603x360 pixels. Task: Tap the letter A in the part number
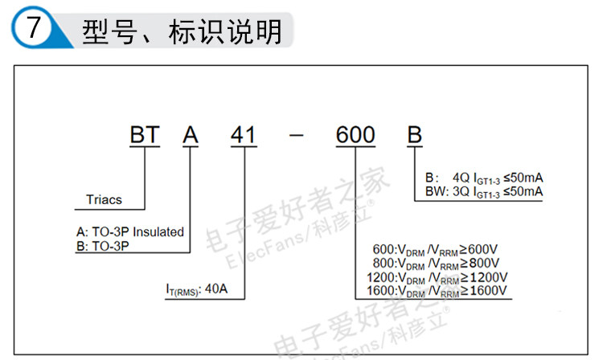point(191,135)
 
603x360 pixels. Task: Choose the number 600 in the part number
point(355,135)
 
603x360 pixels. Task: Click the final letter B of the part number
point(414,135)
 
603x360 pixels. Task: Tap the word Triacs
point(105,198)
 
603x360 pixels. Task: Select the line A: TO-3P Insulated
point(129,231)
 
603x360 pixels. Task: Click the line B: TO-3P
point(103,247)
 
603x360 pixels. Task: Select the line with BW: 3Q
point(483,191)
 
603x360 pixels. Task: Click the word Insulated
point(158,231)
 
